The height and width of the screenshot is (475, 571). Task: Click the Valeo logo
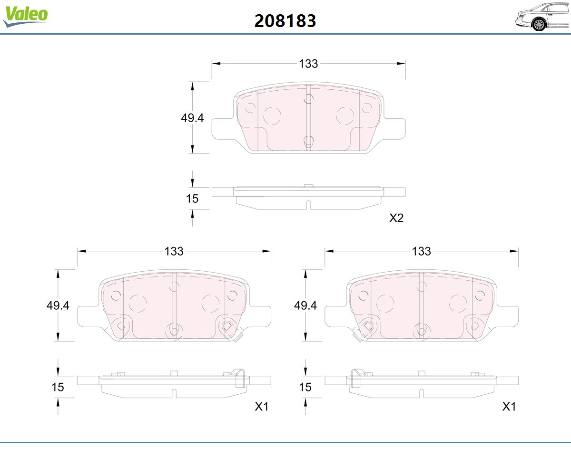(25, 16)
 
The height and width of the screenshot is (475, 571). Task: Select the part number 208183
(285, 21)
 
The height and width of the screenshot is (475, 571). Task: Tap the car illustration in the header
(543, 17)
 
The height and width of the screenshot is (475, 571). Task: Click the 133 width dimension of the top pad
(308, 64)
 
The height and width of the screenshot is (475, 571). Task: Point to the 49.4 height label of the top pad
(192, 118)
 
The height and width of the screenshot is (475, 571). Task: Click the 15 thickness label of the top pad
(192, 199)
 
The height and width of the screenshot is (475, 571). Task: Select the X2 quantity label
(396, 218)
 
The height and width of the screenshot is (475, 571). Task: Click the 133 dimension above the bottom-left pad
(174, 251)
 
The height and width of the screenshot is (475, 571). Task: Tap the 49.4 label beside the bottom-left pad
(58, 305)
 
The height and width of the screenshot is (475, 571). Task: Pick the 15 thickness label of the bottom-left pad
(58, 387)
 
